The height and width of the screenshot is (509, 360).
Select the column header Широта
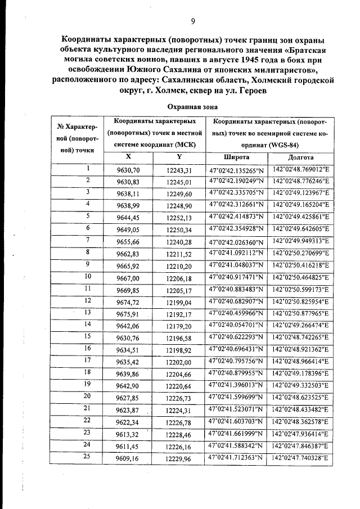pyautogui.click(x=236, y=157)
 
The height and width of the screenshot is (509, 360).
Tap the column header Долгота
pyautogui.click(x=300, y=157)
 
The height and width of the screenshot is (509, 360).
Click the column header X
pyautogui.click(x=128, y=157)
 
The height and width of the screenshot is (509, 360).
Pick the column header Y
pyautogui.click(x=179, y=157)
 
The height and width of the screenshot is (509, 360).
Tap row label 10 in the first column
pyautogui.click(x=88, y=276)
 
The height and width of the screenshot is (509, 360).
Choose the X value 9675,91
pyautogui.click(x=128, y=314)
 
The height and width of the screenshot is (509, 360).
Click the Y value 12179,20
pyautogui.click(x=179, y=326)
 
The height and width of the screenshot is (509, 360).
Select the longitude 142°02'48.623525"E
pyautogui.click(x=300, y=398)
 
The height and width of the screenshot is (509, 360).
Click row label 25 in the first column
pyautogui.click(x=88, y=457)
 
